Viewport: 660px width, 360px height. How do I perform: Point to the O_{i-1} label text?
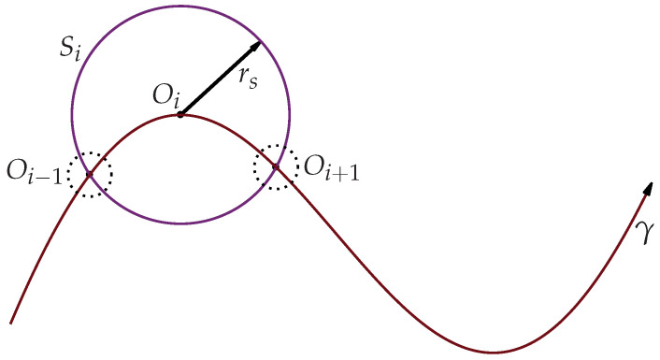pyautogui.click(x=36, y=174)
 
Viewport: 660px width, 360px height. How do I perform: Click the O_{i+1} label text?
pyautogui.click(x=331, y=172)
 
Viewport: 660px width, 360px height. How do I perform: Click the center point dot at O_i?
pyautogui.click(x=180, y=115)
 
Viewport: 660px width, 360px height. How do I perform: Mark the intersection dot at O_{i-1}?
pyautogui.click(x=89, y=174)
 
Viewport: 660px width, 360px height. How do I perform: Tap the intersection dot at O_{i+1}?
pyautogui.click(x=275, y=167)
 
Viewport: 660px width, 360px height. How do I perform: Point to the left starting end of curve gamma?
pyautogui.click(x=10, y=324)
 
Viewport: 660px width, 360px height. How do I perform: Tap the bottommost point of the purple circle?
pyautogui.click(x=181, y=224)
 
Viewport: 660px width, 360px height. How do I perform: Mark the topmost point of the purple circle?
pyautogui.click(x=181, y=6)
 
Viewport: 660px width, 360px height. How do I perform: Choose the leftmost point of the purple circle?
pyautogui.click(x=72, y=115)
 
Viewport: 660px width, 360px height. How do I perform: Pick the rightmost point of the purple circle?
pyautogui.click(x=291, y=115)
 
